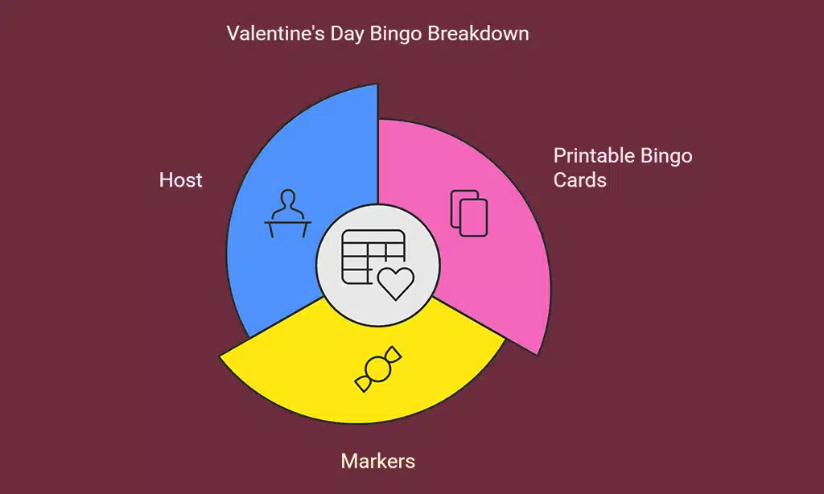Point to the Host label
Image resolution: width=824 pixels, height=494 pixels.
click(181, 179)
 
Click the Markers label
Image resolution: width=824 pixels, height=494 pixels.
click(378, 461)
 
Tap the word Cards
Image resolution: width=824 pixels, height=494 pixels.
click(579, 179)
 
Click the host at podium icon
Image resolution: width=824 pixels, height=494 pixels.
click(288, 214)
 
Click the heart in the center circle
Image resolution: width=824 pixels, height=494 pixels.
click(396, 283)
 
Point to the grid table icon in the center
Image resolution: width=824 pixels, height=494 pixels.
click(366, 253)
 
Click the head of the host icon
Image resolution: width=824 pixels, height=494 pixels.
click(288, 199)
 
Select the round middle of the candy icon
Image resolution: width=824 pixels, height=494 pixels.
click(377, 370)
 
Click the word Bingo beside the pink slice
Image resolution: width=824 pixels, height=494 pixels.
click(668, 155)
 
